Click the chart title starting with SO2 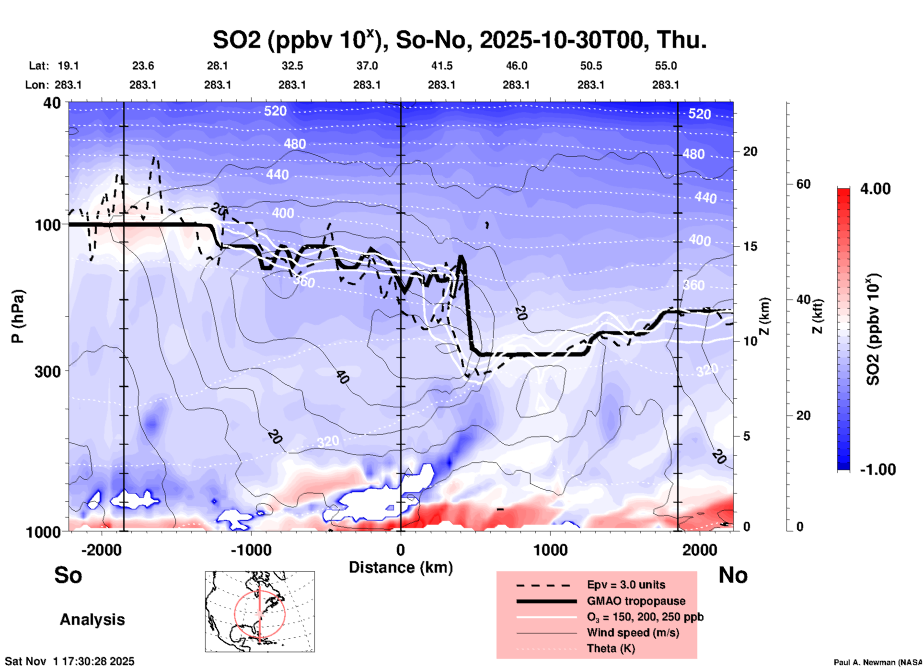pyautogui.click(x=459, y=40)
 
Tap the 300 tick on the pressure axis pyautogui.click(x=47, y=371)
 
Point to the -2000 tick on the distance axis pyautogui.click(x=101, y=550)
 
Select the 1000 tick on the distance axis pyautogui.click(x=550, y=550)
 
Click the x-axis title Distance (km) pyautogui.click(x=401, y=567)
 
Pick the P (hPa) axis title pyautogui.click(x=18, y=316)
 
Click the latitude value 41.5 pyautogui.click(x=441, y=66)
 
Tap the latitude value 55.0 pyautogui.click(x=666, y=66)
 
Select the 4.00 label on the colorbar pyautogui.click(x=875, y=188)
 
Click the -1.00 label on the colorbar pyautogui.click(x=877, y=470)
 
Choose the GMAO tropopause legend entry pyautogui.click(x=636, y=601)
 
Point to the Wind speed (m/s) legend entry pyautogui.click(x=633, y=633)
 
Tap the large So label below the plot pyautogui.click(x=68, y=575)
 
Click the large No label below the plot pyautogui.click(x=733, y=575)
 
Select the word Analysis pyautogui.click(x=92, y=620)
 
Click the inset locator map pyautogui.click(x=260, y=611)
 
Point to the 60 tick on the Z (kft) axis pyautogui.click(x=803, y=184)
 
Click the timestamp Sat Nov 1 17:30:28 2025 pyautogui.click(x=69, y=661)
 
